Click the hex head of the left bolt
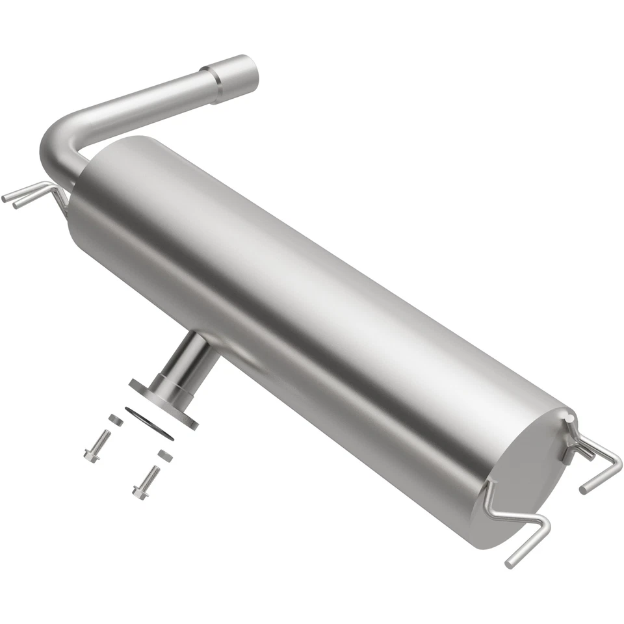click(90, 454)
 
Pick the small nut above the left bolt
click(116, 420)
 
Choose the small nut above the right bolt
click(165, 455)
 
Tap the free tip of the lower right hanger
click(510, 563)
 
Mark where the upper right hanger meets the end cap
click(568, 426)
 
